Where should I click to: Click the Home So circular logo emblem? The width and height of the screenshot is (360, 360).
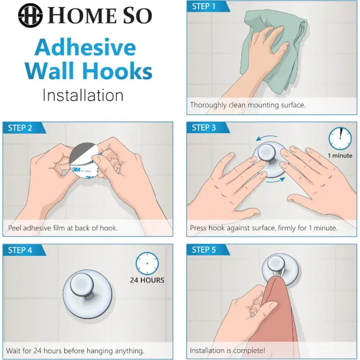click(30, 15)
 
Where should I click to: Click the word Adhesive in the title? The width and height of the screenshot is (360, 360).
click(85, 47)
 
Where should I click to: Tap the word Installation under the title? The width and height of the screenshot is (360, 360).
click(83, 95)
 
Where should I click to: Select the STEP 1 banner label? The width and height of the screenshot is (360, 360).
click(204, 6)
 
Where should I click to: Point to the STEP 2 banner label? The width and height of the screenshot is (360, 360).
click(20, 128)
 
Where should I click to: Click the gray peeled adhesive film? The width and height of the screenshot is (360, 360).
click(82, 152)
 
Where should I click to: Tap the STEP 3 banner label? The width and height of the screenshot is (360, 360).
click(204, 128)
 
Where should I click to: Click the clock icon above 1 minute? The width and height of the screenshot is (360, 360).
click(340, 139)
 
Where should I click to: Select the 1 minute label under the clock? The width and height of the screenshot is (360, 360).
click(340, 156)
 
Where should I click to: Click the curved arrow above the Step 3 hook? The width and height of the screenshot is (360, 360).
click(266, 138)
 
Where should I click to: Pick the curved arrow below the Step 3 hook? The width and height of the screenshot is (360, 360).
click(276, 181)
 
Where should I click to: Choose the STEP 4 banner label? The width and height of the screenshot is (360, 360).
click(20, 250)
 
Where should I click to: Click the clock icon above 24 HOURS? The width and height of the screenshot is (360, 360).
click(147, 263)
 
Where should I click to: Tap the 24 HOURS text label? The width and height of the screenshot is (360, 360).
click(147, 280)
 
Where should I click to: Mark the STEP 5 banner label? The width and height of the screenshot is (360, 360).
click(204, 250)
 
